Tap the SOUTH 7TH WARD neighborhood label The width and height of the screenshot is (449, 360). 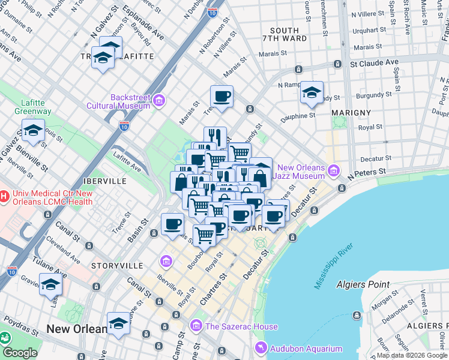click(285, 34)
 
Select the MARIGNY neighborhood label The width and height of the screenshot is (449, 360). click(351, 112)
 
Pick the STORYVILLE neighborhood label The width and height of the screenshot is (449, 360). click(117, 265)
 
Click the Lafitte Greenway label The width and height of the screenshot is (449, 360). click(36, 107)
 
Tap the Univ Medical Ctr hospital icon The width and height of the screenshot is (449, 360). click(4, 197)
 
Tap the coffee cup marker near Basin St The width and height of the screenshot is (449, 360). click(172, 224)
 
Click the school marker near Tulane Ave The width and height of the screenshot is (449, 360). click(50, 285)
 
